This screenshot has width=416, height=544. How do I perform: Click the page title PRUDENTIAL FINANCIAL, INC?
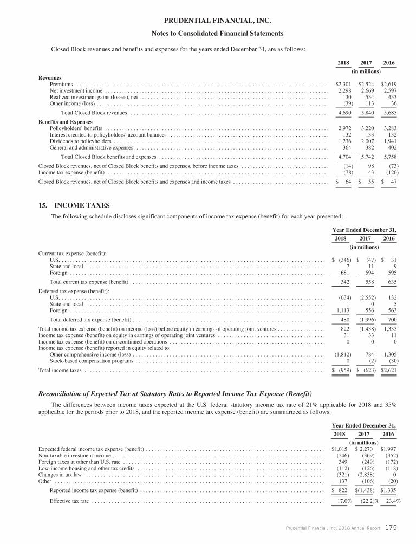[208, 21]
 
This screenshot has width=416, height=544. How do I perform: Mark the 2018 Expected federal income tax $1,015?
[341, 449]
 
